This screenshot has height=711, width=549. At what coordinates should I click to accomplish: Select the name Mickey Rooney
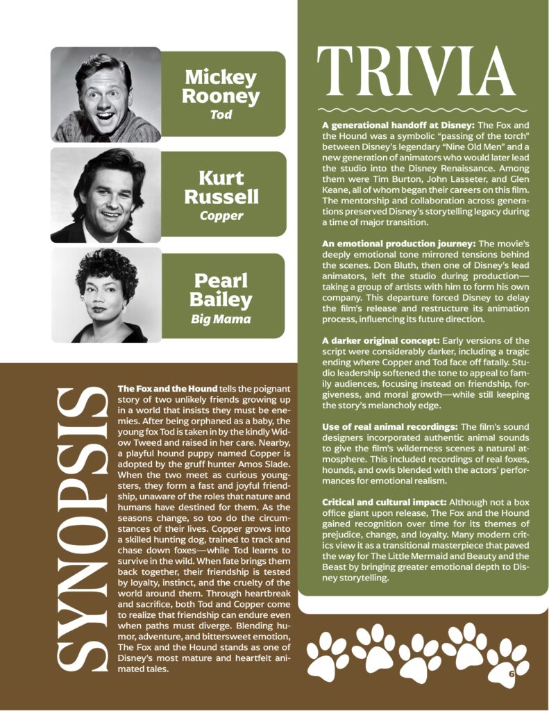pyautogui.click(x=221, y=87)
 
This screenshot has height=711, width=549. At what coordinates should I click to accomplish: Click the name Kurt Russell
pyautogui.click(x=221, y=187)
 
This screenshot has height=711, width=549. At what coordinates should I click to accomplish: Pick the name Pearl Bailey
pyautogui.click(x=221, y=290)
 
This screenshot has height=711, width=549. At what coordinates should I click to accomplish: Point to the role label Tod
pyautogui.click(x=221, y=115)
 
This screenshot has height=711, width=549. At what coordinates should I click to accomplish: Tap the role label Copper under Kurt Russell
pyautogui.click(x=221, y=215)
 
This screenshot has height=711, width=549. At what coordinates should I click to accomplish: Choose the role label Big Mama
pyautogui.click(x=221, y=319)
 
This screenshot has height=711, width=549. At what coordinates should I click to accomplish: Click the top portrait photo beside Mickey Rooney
pyautogui.click(x=105, y=94)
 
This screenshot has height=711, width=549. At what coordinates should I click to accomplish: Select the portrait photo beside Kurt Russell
pyautogui.click(x=105, y=196)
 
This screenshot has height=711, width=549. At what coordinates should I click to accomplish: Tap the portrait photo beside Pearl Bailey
pyautogui.click(x=105, y=295)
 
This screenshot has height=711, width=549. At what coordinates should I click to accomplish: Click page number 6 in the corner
pyautogui.click(x=511, y=673)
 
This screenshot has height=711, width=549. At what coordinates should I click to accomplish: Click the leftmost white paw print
pyautogui.click(x=328, y=655)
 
